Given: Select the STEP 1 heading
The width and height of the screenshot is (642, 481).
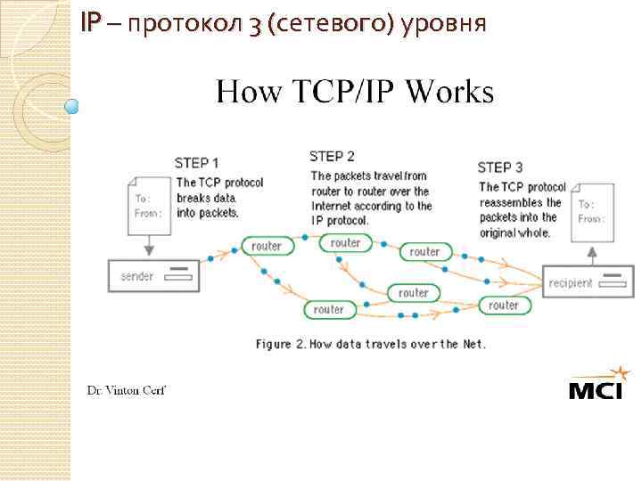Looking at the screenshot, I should (x=196, y=163).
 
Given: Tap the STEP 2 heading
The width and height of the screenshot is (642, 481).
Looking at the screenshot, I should (x=332, y=157).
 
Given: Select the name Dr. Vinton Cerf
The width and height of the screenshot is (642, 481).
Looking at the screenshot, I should (x=126, y=390).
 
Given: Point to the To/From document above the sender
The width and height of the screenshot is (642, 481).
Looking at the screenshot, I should (x=147, y=207).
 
